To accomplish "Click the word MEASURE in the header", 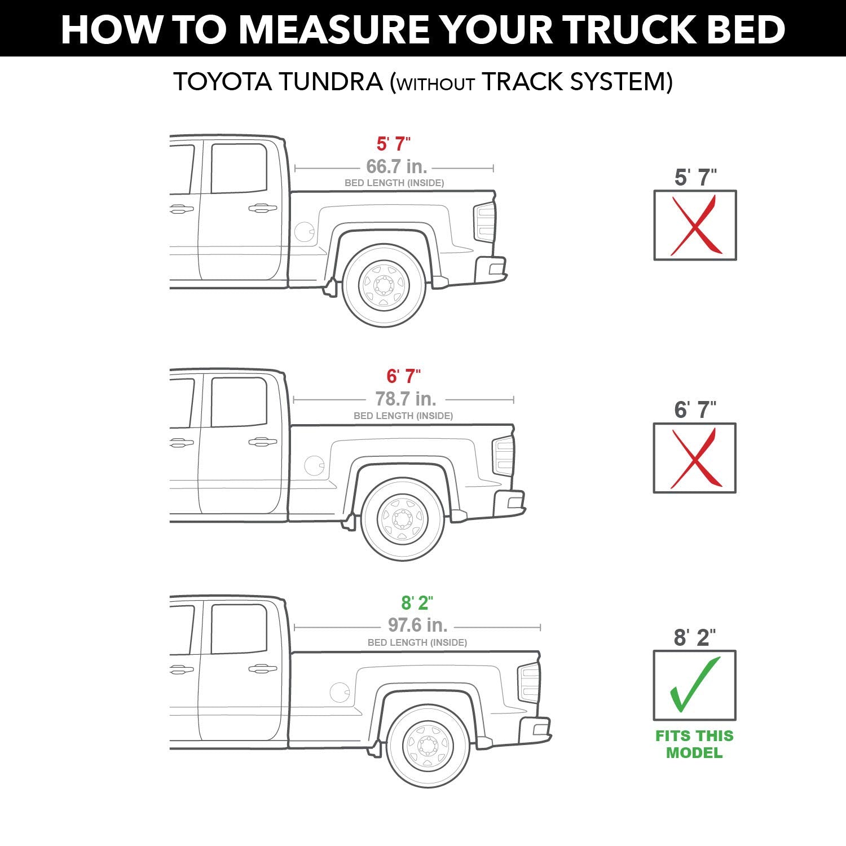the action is click(x=323, y=29).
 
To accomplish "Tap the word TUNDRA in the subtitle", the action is click(x=330, y=81).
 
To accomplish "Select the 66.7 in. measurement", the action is click(x=396, y=166).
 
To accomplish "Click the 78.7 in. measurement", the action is click(x=406, y=399).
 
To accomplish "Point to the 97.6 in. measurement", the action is click(x=417, y=625).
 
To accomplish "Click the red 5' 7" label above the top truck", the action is click(x=393, y=144).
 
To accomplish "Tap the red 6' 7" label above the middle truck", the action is click(x=403, y=376).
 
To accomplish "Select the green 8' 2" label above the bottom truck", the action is click(x=417, y=602).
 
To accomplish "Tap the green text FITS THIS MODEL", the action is click(x=694, y=744).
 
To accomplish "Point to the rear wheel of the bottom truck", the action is click(x=428, y=746).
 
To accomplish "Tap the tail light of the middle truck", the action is click(x=503, y=456).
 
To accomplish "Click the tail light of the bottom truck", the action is click(x=528, y=682).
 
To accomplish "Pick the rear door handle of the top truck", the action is click(x=262, y=208).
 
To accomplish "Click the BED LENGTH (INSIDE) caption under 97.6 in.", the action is click(x=417, y=642).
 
